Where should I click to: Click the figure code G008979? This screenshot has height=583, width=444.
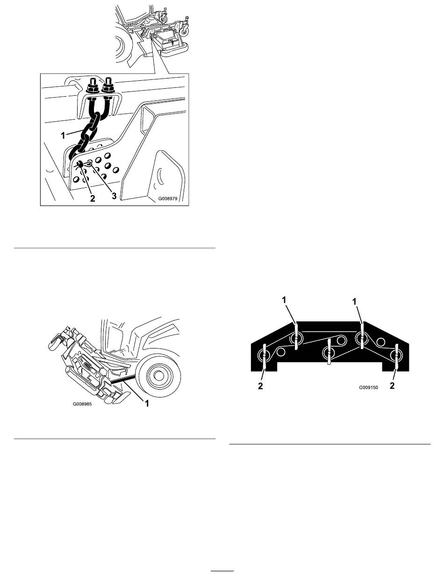[168, 199]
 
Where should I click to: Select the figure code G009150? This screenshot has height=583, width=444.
[369, 388]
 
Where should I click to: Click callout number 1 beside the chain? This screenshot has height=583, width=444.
[63, 135]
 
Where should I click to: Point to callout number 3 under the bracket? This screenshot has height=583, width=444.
[114, 196]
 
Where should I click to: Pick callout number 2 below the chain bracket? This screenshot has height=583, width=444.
[93, 198]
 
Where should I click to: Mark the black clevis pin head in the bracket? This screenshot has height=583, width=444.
[80, 164]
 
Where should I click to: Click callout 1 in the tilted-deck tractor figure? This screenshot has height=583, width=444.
[146, 404]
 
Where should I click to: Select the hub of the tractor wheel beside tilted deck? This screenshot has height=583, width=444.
[158, 375]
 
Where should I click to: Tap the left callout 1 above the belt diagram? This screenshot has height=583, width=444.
[284, 300]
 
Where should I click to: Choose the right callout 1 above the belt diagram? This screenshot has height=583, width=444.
[354, 302]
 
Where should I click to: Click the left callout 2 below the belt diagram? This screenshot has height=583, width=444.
[260, 386]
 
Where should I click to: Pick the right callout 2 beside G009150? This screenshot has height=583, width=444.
[392, 385]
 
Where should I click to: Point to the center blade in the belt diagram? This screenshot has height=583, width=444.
[329, 352]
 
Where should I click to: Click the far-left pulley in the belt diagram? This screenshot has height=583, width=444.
[264, 356]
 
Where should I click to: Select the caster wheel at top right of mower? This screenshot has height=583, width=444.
[184, 30]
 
